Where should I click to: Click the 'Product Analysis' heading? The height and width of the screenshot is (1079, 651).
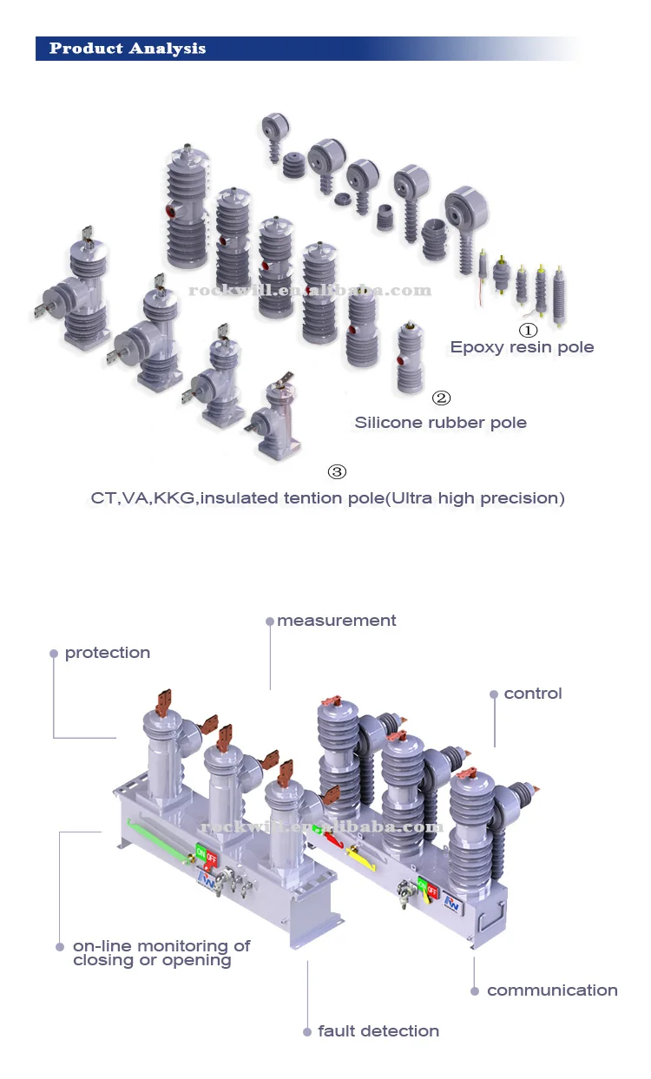pos(128,49)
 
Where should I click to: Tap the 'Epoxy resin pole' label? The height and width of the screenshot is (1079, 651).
pos(522,347)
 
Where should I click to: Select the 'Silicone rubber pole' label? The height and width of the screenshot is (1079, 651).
pos(440,423)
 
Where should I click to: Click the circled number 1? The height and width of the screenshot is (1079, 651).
pos(528,330)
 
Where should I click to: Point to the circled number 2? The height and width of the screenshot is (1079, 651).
pos(441,398)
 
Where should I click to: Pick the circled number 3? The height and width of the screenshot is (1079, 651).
pos(337,472)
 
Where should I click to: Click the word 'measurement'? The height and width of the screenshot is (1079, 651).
pos(337,621)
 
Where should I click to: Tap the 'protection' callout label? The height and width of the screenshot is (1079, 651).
pos(108,653)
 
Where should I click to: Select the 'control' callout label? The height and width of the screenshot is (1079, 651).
pos(533,694)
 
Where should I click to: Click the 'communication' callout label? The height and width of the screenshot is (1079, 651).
pos(552,990)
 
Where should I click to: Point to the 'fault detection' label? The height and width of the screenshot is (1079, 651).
pos(378,1031)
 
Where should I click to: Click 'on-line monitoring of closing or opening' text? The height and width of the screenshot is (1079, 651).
pos(161,953)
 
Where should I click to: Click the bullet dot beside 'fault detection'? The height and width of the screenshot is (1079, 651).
pos(307,1032)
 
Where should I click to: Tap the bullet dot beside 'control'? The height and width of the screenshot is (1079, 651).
pos(494,694)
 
